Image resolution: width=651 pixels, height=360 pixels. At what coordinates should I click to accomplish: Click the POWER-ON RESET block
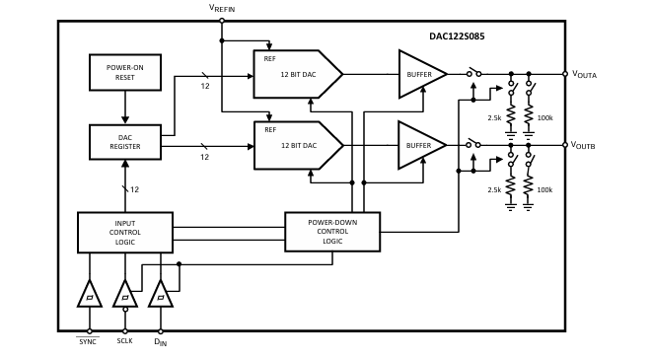(124, 72)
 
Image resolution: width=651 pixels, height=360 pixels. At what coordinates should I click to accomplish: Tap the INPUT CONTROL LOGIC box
(124, 232)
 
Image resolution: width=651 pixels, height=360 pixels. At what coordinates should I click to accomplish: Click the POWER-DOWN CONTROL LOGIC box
(332, 232)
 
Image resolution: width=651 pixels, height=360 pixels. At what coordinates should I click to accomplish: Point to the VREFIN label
(221, 8)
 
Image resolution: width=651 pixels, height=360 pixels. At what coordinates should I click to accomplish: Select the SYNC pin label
(89, 341)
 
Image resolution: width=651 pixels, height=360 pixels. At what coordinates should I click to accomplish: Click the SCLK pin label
(124, 341)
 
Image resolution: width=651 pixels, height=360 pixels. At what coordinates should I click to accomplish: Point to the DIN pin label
(160, 341)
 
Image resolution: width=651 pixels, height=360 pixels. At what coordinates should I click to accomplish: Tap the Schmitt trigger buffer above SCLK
(124, 295)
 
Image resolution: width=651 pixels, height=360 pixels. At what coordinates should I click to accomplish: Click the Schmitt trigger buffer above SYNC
(89, 295)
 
